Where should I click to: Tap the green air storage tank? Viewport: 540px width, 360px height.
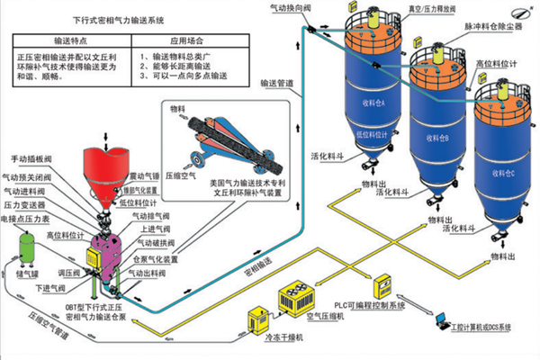pos(23,243)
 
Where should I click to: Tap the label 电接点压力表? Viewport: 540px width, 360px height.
pos(31,217)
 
